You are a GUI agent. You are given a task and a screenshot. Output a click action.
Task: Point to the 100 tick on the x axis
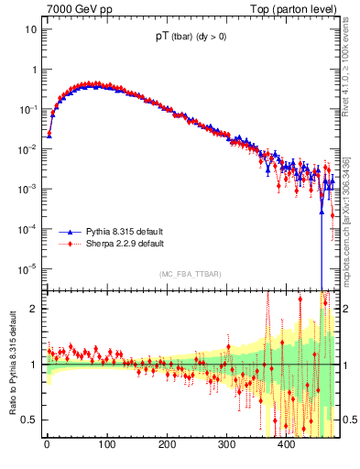106,445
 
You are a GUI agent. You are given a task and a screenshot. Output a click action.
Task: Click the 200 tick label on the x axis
167,445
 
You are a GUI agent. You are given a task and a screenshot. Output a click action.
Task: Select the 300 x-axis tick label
226,445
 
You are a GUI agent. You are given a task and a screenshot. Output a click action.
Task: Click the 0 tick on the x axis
47,445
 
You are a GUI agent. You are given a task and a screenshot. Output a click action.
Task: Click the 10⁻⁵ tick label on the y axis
27,268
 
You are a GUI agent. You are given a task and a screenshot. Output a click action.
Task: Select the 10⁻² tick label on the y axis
27,149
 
